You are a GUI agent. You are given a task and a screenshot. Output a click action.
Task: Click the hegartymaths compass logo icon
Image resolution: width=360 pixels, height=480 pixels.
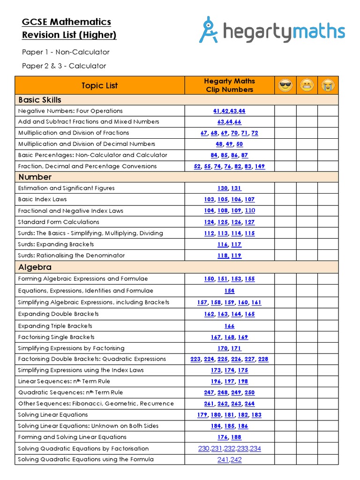pos(209,30)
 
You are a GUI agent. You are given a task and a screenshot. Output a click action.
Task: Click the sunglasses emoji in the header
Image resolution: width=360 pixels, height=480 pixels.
pos(285,85)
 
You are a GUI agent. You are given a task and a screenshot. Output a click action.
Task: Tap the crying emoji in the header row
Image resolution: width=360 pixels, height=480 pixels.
pos(328,85)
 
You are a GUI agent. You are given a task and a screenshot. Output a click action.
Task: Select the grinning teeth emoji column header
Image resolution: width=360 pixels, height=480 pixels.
pos(307,85)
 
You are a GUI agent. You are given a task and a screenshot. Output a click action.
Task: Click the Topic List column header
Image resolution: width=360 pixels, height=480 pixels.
pos(99,85)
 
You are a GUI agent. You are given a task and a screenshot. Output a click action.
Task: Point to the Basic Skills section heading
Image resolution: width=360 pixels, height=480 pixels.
pos(40,100)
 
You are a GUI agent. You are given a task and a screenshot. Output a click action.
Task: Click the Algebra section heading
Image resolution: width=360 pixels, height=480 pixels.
pos(35,267)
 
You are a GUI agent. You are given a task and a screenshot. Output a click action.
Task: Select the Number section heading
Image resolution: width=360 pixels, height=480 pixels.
pos(35,177)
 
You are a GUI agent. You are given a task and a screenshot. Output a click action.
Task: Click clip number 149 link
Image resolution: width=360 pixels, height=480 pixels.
pos(260,166)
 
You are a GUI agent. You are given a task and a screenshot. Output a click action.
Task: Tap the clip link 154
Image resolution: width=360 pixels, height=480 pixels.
pos(229,291)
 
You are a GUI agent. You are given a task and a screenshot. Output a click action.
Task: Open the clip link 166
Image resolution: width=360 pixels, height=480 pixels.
pos(229,326)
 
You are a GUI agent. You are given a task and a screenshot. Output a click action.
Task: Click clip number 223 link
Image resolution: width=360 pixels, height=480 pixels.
pos(195,360)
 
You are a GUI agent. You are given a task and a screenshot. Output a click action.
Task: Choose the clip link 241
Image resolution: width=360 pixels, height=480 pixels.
pos(223,460)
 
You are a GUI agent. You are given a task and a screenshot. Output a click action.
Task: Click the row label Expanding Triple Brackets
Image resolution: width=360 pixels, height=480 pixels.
pos(55,326)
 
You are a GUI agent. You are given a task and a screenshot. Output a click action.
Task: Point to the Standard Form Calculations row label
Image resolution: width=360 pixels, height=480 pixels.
pos(59,222)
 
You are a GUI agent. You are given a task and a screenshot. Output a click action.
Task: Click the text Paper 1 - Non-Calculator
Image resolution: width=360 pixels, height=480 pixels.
pos(66,52)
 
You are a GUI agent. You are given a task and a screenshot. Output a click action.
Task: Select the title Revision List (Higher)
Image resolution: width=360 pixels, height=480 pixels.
pos(69,35)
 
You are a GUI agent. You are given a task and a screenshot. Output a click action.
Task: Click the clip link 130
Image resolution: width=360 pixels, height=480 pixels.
pos(223,188)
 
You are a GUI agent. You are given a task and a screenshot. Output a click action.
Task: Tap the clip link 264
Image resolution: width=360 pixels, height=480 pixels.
pos(249,404)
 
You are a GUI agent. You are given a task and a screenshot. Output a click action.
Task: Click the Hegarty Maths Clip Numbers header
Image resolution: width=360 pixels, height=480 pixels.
pos(229,85)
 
